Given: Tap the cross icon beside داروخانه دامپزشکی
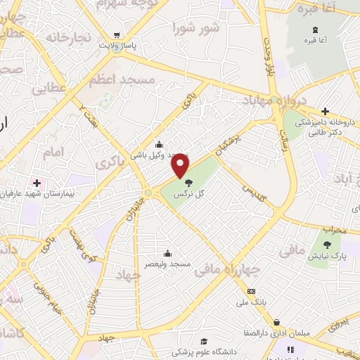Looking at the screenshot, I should click(x=325, y=111).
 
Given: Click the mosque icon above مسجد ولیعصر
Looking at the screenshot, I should click(x=167, y=254).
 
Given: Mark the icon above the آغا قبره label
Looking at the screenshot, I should click(x=314, y=29).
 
